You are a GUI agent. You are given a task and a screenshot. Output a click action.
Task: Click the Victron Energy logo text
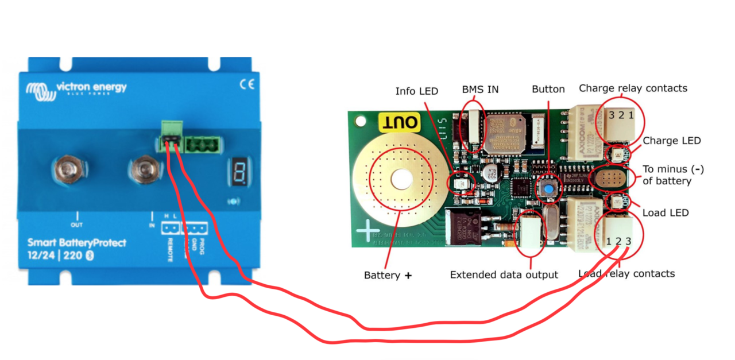(91, 88)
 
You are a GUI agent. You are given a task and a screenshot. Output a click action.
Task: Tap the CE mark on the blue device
(246, 84)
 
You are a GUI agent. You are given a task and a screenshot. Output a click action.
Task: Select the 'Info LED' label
(416, 91)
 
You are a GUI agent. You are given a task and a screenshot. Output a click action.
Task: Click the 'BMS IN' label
(480, 90)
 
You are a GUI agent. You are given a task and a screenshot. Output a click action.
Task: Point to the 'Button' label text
(548, 89)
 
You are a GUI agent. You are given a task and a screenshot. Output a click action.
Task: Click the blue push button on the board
(549, 188)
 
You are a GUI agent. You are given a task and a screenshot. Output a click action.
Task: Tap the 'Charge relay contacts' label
(633, 88)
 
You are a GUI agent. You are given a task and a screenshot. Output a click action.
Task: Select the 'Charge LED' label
(671, 141)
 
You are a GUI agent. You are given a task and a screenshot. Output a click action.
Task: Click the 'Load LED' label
(665, 213)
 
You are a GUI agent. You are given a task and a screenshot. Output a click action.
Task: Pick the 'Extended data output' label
(504, 275)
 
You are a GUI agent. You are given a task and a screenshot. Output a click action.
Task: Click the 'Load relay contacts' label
(626, 273)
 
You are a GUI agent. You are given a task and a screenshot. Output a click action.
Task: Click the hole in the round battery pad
(400, 180)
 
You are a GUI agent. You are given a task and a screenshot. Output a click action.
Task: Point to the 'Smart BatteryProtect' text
(76, 243)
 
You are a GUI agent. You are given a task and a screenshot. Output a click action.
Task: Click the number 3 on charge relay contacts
(612, 115)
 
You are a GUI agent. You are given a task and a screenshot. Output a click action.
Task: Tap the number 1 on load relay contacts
(609, 242)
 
